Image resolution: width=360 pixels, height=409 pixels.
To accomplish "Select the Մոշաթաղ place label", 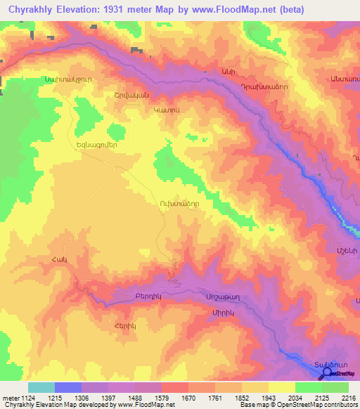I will coord(222,296).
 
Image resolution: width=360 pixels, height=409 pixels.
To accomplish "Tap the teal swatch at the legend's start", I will coord(41,387).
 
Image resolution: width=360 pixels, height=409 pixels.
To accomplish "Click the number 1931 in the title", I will coord(120,11).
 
